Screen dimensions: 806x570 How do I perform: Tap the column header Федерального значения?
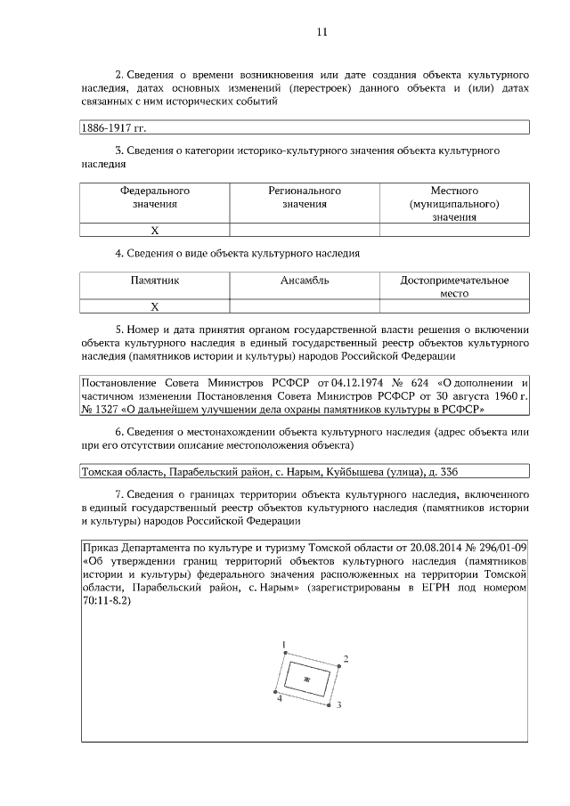pos(155,198)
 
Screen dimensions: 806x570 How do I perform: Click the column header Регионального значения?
pos(305,198)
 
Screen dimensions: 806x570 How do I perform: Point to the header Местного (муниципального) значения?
pos(454,204)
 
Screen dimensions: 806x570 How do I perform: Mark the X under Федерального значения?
pos(155,230)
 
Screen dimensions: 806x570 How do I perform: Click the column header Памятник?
pos(155,281)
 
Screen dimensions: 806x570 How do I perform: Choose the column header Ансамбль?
pos(305,281)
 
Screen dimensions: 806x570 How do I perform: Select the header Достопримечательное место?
pos(454,287)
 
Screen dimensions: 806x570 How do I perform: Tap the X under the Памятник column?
pos(155,306)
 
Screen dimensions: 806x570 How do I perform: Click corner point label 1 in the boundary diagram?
pos(283,644)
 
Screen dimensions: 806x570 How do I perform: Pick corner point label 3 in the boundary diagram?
pos(339,705)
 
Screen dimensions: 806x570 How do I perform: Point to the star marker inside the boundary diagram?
pos(307,680)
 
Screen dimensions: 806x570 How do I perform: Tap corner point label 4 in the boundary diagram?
pos(279,700)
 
